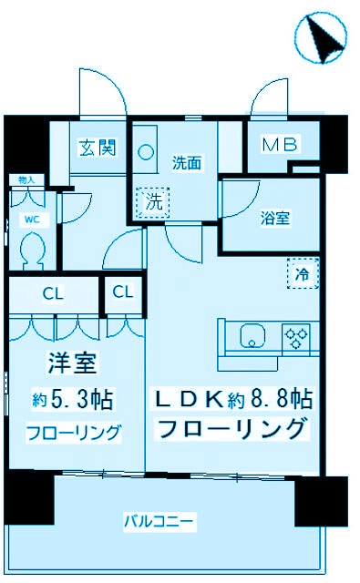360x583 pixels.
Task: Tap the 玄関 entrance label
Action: point(96,147)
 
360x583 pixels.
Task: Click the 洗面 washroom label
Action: point(186,162)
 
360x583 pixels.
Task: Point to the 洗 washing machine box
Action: point(154,202)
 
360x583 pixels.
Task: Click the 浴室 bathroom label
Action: point(275,219)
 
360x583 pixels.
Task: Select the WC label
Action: point(30,220)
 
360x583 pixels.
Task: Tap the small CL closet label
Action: point(123,292)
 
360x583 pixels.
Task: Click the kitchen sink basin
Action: point(252,339)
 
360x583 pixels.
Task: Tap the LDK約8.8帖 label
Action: point(233,398)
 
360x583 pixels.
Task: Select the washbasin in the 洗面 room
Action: point(147,155)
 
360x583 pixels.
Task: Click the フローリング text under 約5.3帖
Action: point(72,433)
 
